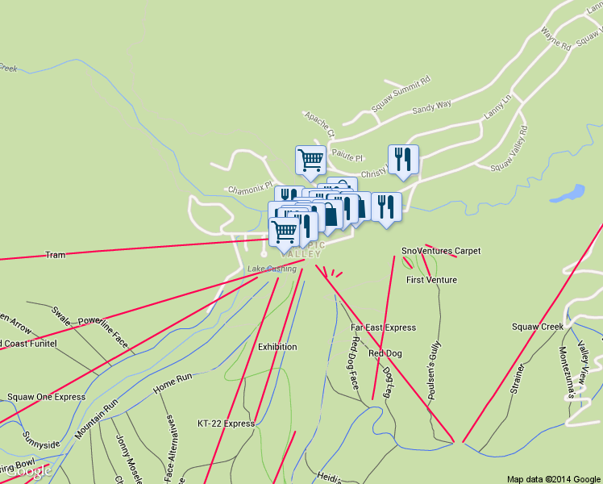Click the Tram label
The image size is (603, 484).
(x=55, y=255)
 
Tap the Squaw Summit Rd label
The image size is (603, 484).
(x=401, y=94)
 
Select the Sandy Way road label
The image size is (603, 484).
(x=432, y=106)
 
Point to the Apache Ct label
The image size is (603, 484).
(x=318, y=122)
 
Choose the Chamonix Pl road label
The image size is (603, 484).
(x=250, y=190)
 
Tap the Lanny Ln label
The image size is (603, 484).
(x=497, y=108)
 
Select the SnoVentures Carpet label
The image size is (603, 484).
(x=441, y=251)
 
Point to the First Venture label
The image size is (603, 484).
(x=431, y=280)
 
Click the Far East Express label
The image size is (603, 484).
(x=384, y=328)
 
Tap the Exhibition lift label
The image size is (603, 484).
(x=277, y=347)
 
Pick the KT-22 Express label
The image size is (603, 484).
(x=226, y=423)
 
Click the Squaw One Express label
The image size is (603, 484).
(x=46, y=397)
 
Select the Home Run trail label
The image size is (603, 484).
(x=173, y=383)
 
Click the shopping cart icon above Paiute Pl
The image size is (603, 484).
(x=310, y=160)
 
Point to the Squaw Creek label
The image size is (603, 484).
(x=537, y=327)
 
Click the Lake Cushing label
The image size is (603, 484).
(x=272, y=269)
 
